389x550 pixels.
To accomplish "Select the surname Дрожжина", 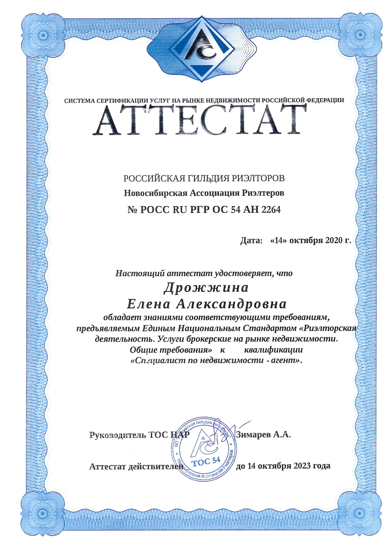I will (206, 288).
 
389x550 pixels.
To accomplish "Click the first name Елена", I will (149, 304).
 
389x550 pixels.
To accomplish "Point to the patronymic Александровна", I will (231, 304).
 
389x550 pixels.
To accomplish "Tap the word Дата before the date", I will (251, 240).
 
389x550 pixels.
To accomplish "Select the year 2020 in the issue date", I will (335, 240).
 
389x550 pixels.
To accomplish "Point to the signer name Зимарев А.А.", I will (263, 434).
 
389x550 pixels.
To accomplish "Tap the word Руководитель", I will (117, 435).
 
